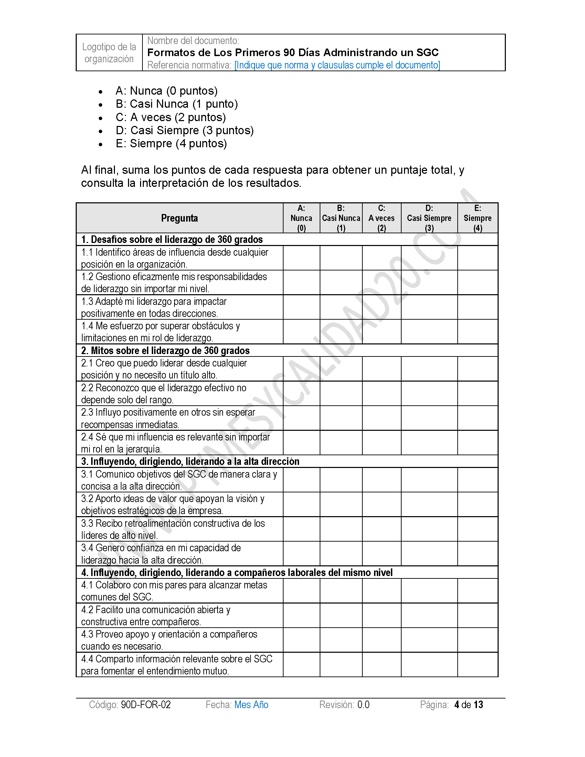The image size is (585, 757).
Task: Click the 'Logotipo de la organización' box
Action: click(109, 53)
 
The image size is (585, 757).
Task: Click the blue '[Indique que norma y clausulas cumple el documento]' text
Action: click(337, 65)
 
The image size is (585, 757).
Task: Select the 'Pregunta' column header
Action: click(180, 218)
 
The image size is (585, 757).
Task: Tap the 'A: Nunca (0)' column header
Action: click(301, 218)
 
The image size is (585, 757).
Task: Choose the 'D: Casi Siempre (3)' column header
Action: click(429, 218)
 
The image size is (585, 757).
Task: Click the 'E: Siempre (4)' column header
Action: click(478, 218)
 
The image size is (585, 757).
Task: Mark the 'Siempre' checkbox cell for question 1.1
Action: click(478, 258)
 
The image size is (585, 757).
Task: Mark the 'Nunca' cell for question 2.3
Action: click(301, 418)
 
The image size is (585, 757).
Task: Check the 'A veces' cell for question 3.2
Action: click(382, 504)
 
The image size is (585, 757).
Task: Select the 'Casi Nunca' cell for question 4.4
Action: click(341, 664)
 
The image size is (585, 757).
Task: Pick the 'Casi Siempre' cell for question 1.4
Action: click(429, 332)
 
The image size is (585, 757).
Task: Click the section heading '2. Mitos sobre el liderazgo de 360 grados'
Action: click(165, 350)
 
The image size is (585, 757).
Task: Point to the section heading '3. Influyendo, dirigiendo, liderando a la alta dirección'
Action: click(190, 461)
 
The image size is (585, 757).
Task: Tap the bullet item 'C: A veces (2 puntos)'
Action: click(170, 117)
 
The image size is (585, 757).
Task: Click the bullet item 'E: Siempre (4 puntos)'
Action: click(171, 143)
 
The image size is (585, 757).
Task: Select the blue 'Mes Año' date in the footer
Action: click(251, 705)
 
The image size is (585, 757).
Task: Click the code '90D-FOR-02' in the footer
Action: click(146, 705)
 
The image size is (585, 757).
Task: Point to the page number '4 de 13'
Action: click(469, 705)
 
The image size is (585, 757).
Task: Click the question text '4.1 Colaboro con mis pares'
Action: click(174, 585)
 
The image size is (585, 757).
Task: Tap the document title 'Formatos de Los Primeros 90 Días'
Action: click(293, 52)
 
